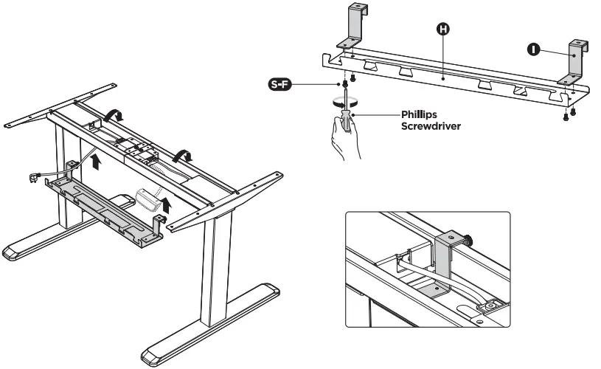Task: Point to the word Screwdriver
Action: pyautogui.click(x=431, y=126)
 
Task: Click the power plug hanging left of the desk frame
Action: pyautogui.click(x=32, y=176)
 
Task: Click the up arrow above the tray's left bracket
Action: pyautogui.click(x=96, y=157)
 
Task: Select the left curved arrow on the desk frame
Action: pyautogui.click(x=114, y=114)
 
